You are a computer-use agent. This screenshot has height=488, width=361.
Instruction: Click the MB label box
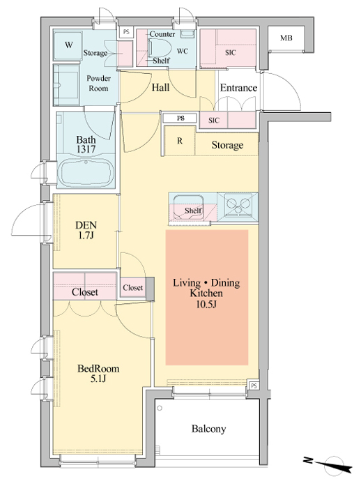click(x=286, y=38)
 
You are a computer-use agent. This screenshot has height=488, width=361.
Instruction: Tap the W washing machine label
click(x=69, y=45)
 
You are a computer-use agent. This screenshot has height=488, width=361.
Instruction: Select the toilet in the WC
click(x=160, y=49)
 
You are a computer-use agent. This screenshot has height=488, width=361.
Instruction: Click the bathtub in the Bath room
click(x=86, y=173)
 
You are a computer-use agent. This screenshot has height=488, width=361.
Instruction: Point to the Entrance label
click(x=239, y=88)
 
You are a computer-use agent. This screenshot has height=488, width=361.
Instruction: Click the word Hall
click(x=160, y=87)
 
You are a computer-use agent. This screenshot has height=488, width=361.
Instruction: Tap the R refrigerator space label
click(x=180, y=141)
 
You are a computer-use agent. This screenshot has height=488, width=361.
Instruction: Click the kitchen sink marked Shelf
click(x=188, y=207)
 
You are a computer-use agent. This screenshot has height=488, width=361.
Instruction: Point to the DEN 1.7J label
click(x=86, y=230)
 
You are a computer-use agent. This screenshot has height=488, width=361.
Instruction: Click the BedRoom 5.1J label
click(x=98, y=374)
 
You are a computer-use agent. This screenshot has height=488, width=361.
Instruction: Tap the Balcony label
click(x=208, y=429)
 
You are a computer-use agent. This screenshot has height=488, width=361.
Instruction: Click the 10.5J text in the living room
click(x=206, y=304)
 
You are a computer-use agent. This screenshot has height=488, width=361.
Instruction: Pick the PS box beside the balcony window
click(x=254, y=386)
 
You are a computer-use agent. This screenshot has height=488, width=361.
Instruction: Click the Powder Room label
click(x=98, y=83)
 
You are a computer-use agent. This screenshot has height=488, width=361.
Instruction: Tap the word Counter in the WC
click(x=162, y=34)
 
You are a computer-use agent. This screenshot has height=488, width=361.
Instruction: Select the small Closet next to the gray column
click(x=133, y=287)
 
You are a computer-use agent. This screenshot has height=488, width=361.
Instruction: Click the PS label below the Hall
click(x=180, y=119)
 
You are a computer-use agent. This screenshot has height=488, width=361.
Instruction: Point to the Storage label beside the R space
click(x=227, y=145)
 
